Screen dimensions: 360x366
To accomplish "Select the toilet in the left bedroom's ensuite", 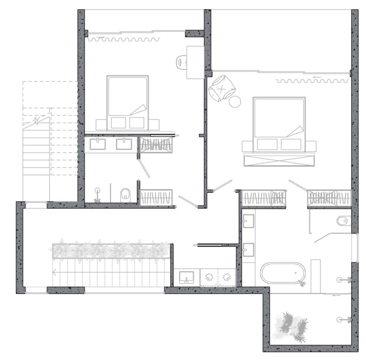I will coord(125,195).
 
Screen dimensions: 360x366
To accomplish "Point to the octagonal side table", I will coord(235,101).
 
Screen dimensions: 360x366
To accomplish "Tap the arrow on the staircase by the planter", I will coord(55,273).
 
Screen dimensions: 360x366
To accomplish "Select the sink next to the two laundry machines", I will coord(186,277).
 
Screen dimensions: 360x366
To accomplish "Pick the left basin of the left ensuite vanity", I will coord(98,144).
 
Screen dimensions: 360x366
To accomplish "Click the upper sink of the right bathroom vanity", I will coord(248,222).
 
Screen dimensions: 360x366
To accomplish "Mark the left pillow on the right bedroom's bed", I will coord(267,144).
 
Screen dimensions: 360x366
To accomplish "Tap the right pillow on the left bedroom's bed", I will coord(137,122).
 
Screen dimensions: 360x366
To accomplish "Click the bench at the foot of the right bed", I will coord(278,160).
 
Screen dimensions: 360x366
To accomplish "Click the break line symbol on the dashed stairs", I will coord(36,121).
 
